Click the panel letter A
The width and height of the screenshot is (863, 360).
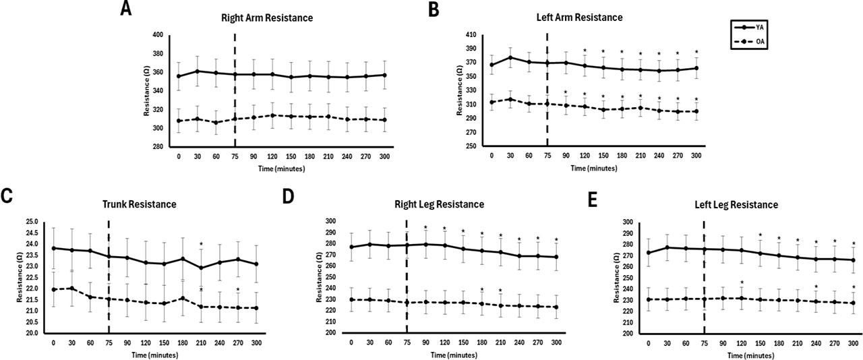pos(126,9)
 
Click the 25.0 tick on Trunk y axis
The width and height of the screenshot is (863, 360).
pos(32,221)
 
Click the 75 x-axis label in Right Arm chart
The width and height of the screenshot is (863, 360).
pos(235,156)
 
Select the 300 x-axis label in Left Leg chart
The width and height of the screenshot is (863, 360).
pos(853,343)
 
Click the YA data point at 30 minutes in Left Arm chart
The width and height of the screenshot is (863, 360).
pos(510,57)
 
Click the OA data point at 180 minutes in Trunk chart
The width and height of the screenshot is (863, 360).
pos(182,298)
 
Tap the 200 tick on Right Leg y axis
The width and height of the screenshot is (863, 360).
pos(332,333)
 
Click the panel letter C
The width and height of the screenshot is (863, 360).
pos(9,196)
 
